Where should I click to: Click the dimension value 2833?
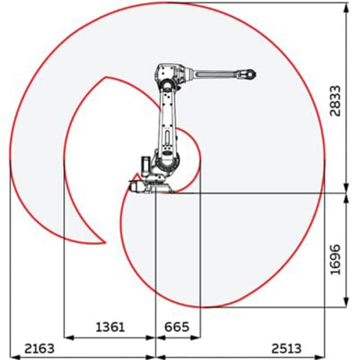tap(335, 101)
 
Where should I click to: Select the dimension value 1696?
tap(335, 259)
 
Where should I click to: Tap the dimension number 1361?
tap(110, 327)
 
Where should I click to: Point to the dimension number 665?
tap(177, 327)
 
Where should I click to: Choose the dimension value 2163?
tap(39, 348)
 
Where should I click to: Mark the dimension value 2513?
tap(286, 348)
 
